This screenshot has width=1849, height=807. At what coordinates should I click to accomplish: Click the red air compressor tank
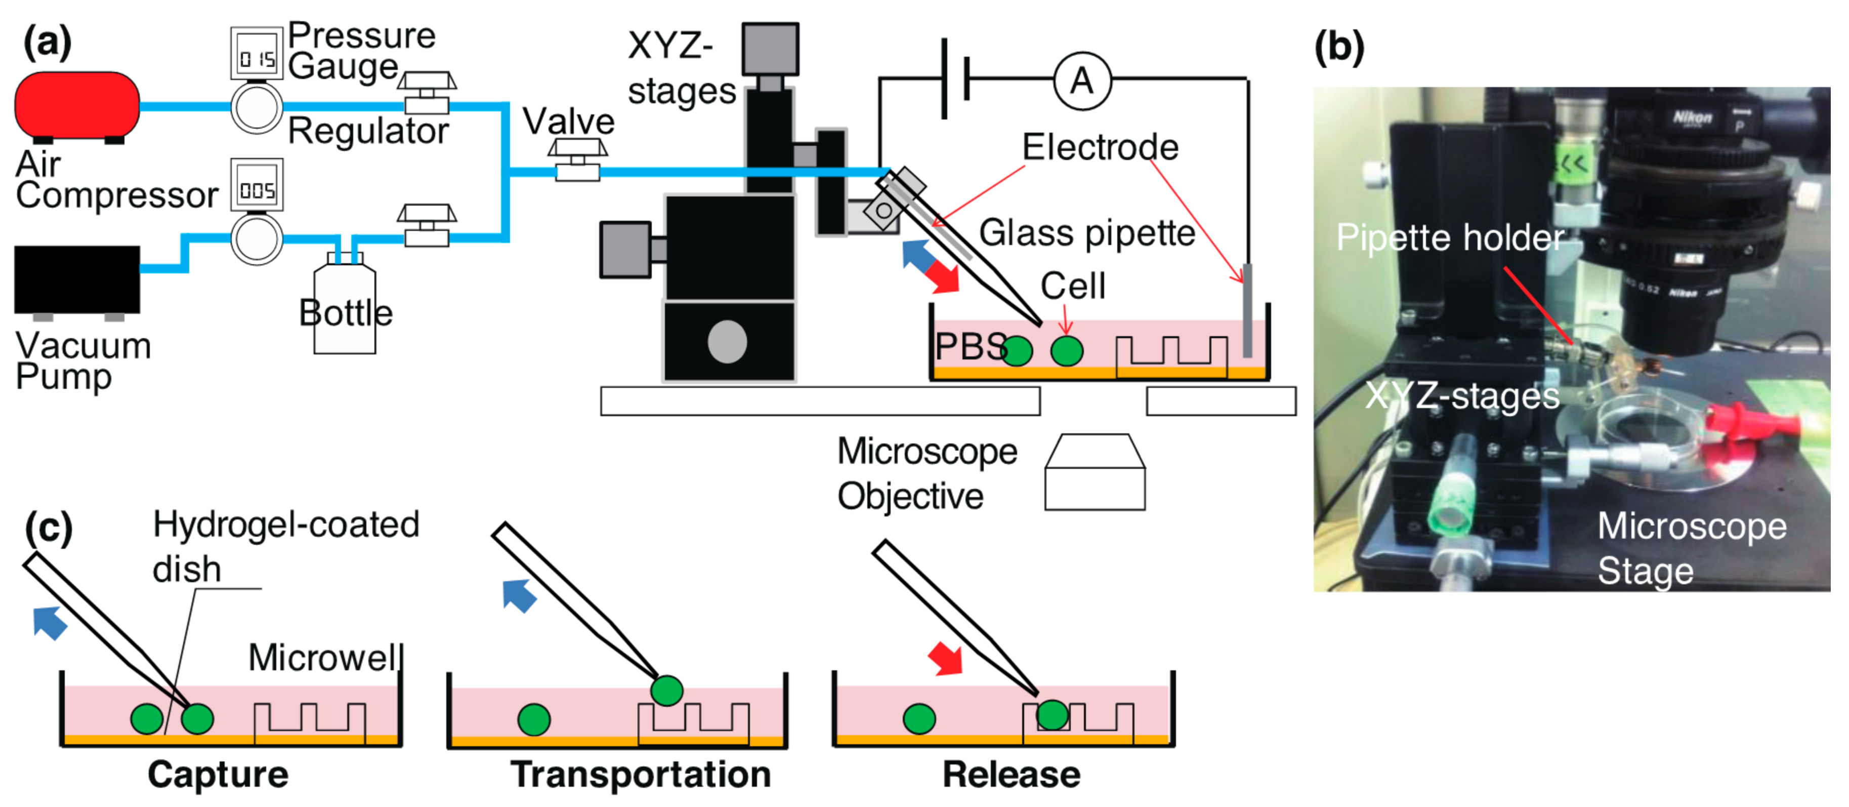click(77, 104)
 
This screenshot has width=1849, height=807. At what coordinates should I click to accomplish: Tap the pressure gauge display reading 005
click(256, 188)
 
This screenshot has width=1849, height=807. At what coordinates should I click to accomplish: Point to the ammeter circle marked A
click(1082, 80)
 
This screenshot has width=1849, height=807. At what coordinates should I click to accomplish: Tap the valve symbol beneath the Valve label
click(577, 161)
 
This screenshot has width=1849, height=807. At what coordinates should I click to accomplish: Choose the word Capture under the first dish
click(218, 774)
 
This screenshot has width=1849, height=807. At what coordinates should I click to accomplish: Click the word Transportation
click(640, 774)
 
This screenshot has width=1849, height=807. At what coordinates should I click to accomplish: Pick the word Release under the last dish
click(1011, 774)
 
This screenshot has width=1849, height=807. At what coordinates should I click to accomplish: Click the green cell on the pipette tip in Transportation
click(666, 691)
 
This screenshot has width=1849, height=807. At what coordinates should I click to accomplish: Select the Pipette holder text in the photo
click(1450, 237)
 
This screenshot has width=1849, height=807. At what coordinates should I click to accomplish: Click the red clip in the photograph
click(1751, 431)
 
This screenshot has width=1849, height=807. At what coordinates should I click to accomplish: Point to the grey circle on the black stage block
click(727, 342)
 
